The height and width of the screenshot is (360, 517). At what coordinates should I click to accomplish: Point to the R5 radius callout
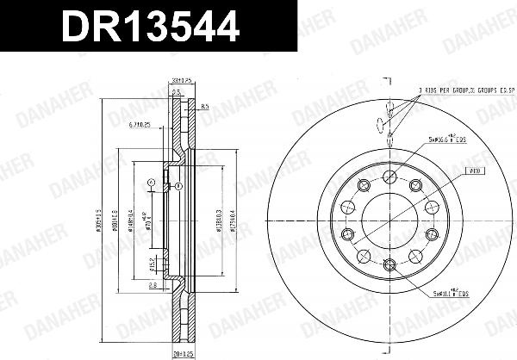tap(203, 106)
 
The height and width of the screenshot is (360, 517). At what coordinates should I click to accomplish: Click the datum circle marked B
tap(178, 185)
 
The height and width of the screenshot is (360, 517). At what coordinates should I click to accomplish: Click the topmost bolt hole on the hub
tap(389, 177)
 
